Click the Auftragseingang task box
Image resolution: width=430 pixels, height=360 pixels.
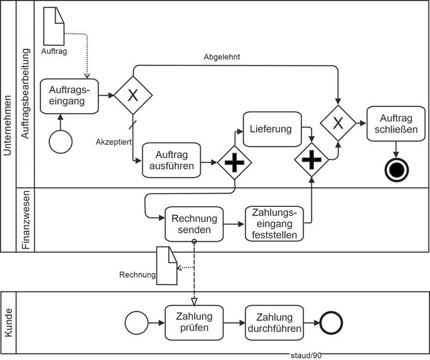[x=70, y=96]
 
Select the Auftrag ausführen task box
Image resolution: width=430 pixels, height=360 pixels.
[x=171, y=160]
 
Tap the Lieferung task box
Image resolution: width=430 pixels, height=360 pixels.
[x=272, y=128]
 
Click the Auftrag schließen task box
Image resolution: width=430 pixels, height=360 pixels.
[x=396, y=123]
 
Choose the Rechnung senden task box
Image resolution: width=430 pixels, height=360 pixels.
[x=194, y=223]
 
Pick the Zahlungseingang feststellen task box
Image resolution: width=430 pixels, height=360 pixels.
[x=274, y=223]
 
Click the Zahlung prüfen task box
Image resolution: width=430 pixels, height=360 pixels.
[x=194, y=323]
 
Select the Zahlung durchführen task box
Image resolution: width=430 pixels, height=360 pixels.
[x=274, y=323]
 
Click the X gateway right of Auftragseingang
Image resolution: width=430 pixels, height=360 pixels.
[x=133, y=95]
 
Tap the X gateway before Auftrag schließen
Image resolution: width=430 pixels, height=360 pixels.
[x=338, y=123]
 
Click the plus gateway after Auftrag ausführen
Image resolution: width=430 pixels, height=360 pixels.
[x=235, y=162]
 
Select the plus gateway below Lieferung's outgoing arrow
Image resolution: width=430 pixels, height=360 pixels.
[x=311, y=161]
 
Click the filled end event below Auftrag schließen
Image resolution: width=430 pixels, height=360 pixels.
[x=397, y=170]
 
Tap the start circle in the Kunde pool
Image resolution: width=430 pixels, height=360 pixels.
[x=136, y=323]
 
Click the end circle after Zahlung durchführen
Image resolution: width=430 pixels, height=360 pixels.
[x=331, y=323]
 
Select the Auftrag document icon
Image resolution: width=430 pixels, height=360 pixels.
[x=54, y=27]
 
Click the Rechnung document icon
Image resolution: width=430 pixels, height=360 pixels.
[x=166, y=265]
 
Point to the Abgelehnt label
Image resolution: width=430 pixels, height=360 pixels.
[x=221, y=57]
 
